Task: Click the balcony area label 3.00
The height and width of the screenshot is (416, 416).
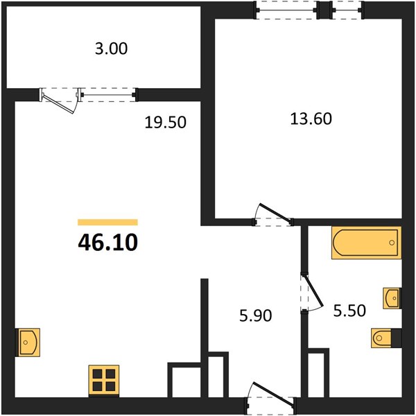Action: click(112, 49)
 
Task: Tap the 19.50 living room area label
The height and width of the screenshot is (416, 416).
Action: click(165, 123)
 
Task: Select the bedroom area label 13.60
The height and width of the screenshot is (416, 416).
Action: click(311, 119)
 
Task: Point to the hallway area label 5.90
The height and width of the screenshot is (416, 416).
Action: click(255, 315)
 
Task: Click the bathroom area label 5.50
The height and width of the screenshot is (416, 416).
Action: click(349, 311)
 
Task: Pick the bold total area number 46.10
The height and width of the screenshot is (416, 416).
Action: click(108, 243)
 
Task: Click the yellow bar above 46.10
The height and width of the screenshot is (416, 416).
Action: click(107, 222)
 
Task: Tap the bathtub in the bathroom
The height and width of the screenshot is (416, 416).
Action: click(366, 243)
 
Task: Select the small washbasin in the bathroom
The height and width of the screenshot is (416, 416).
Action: click(392, 298)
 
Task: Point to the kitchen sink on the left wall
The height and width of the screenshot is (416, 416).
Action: click(28, 343)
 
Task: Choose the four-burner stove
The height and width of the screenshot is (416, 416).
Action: click(104, 381)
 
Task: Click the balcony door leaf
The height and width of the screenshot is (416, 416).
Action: click(58, 104)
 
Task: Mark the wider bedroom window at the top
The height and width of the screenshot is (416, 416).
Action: click(286, 10)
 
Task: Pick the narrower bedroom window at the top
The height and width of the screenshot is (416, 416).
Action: click(347, 10)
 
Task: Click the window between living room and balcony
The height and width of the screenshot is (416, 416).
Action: click(108, 95)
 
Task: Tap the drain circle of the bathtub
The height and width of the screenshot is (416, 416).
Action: click(392, 243)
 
